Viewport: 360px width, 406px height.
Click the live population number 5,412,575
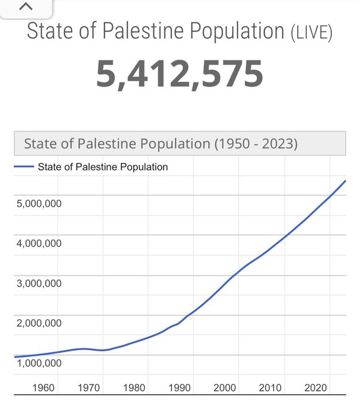[180, 74]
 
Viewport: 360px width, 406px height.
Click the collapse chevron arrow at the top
[25, 8]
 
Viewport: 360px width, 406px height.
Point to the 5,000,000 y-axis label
[39, 204]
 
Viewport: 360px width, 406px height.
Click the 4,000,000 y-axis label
[39, 244]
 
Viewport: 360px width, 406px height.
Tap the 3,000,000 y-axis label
[39, 284]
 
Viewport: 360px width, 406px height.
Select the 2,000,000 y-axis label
[39, 324]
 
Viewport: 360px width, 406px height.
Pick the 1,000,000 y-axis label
[39, 363]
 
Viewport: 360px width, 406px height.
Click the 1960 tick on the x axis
[43, 388]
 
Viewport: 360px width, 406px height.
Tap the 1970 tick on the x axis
[88, 388]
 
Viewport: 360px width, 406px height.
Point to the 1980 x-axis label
[134, 388]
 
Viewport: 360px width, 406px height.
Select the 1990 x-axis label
[179, 388]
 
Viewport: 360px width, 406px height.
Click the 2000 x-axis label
[224, 388]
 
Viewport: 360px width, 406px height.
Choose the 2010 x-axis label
[270, 388]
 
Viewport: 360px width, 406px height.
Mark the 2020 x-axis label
[315, 388]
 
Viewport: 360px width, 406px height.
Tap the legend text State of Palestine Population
[103, 167]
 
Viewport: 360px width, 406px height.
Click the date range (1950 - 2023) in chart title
[256, 144]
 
